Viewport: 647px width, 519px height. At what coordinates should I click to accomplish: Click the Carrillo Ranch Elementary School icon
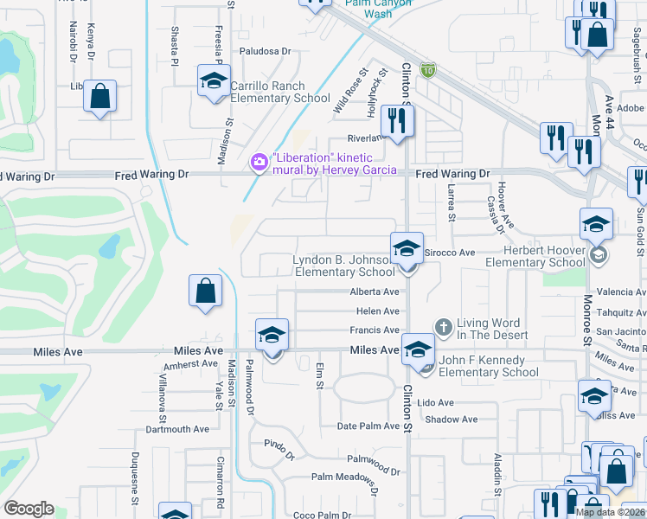point(213,82)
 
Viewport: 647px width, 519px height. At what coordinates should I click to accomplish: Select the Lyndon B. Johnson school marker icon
point(407,249)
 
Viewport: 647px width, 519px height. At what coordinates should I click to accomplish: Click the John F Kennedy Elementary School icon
point(419,350)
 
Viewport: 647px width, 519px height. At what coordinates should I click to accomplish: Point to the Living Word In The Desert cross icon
point(444,327)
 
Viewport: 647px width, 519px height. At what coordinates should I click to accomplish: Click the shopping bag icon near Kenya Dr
point(99,97)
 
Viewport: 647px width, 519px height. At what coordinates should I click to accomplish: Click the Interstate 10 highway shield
point(427,69)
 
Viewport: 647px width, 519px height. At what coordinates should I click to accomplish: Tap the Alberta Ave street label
point(374,292)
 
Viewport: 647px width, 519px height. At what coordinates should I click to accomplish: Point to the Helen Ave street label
point(377,311)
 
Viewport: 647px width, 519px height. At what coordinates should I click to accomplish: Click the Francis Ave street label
point(374,330)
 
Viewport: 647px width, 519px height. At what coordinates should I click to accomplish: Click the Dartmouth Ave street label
point(177,429)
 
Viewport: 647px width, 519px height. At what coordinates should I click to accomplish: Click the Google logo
point(29,509)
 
